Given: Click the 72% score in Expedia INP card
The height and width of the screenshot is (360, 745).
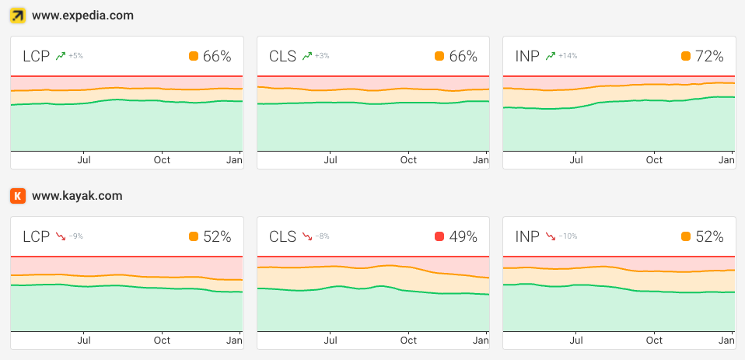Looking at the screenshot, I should (x=708, y=56).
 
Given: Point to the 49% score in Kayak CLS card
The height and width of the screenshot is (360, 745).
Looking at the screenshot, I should (x=463, y=236).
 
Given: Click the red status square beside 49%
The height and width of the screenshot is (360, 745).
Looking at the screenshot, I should (x=439, y=236).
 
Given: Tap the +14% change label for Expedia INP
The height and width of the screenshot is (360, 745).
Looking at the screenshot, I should (x=567, y=56).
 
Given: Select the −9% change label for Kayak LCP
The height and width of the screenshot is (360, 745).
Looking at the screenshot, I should (x=75, y=236).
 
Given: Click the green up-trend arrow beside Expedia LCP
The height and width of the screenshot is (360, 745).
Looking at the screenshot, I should (x=60, y=56).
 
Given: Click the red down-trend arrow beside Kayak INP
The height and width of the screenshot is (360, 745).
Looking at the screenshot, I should (x=551, y=236).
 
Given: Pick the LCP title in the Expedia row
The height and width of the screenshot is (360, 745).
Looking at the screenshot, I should (x=36, y=56).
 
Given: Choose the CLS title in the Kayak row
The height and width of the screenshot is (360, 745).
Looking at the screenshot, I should (x=282, y=236).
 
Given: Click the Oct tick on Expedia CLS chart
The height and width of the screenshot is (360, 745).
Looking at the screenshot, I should (x=408, y=160).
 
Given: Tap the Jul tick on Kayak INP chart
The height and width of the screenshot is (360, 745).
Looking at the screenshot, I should (x=576, y=341).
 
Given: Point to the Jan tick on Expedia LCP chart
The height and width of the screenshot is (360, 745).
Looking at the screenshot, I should (x=234, y=160).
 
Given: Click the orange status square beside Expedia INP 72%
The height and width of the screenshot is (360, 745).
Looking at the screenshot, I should (x=685, y=56).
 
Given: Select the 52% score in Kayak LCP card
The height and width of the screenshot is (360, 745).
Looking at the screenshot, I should (x=217, y=236).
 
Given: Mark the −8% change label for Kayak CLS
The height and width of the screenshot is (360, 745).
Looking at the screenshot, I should (x=321, y=236).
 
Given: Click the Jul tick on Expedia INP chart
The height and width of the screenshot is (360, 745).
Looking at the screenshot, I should (x=576, y=160).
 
